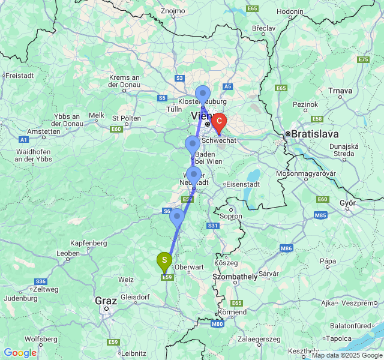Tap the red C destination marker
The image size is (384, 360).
219,123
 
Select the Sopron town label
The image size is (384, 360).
231,216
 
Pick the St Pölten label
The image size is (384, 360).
126,118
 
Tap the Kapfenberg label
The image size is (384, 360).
88,243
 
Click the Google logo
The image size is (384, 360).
20,353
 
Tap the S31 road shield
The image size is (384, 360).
212,226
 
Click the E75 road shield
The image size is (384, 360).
363,59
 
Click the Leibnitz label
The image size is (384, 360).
133,353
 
